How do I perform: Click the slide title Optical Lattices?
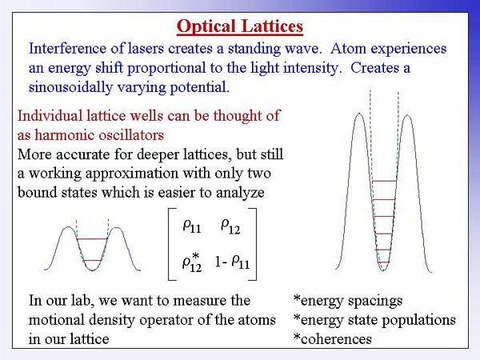coord(240,26)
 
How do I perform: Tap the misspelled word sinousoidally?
coord(70,87)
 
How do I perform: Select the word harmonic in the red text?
coord(64,135)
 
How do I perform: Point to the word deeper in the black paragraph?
coord(159,155)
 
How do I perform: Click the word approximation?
coord(132,174)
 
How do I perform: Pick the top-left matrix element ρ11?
coord(192,226)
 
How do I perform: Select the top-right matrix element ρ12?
coord(230,226)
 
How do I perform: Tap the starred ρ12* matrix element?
coord(192,262)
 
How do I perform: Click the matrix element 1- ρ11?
coord(232,262)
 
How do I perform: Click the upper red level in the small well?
coord(92,238)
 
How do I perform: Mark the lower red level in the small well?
coord(92,261)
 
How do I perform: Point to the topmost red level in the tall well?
coord(385,181)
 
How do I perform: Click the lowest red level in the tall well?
coord(383,262)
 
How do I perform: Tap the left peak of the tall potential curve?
coord(359,114)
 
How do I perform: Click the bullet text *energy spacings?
coord(348,302)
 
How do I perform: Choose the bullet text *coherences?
coord(333,339)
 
